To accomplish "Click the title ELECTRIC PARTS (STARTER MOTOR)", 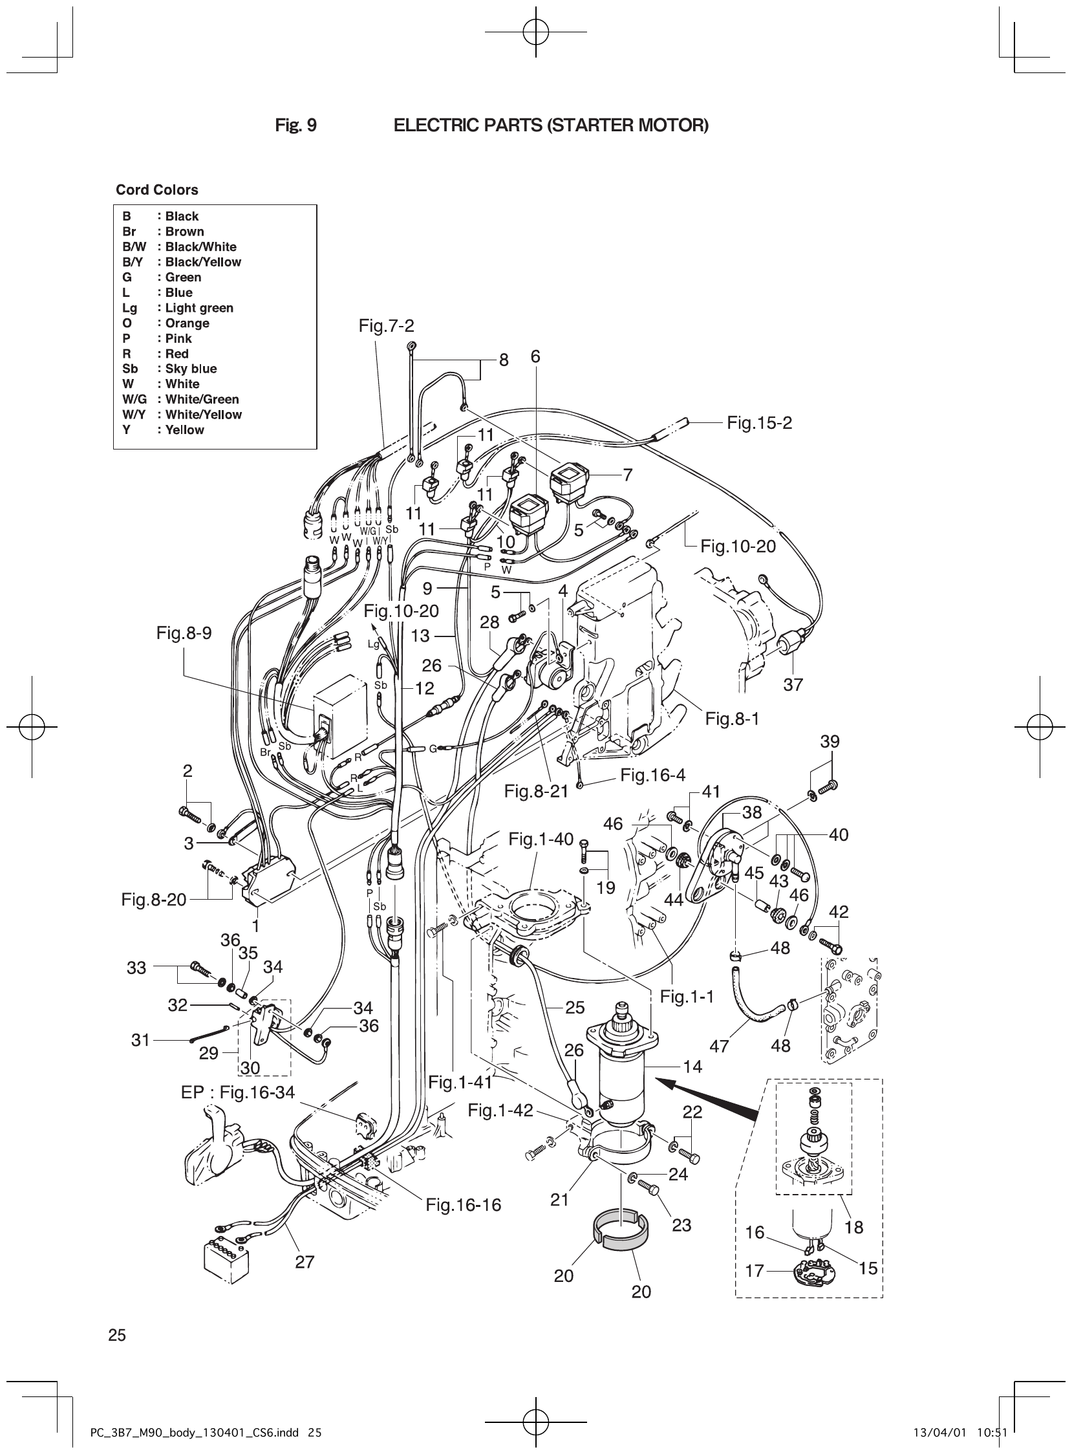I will coord(551,125).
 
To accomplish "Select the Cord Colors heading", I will coord(157,190).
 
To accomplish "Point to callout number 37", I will coord(793,685).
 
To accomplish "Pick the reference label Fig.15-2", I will coord(759,423).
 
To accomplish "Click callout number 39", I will coord(830,741).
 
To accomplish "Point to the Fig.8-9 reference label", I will coord(184,633).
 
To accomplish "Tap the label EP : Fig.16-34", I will coord(237,1092).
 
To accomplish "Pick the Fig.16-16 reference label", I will coord(464,1206).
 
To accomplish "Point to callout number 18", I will coord(854,1228).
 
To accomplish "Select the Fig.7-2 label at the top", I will coord(386,326).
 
